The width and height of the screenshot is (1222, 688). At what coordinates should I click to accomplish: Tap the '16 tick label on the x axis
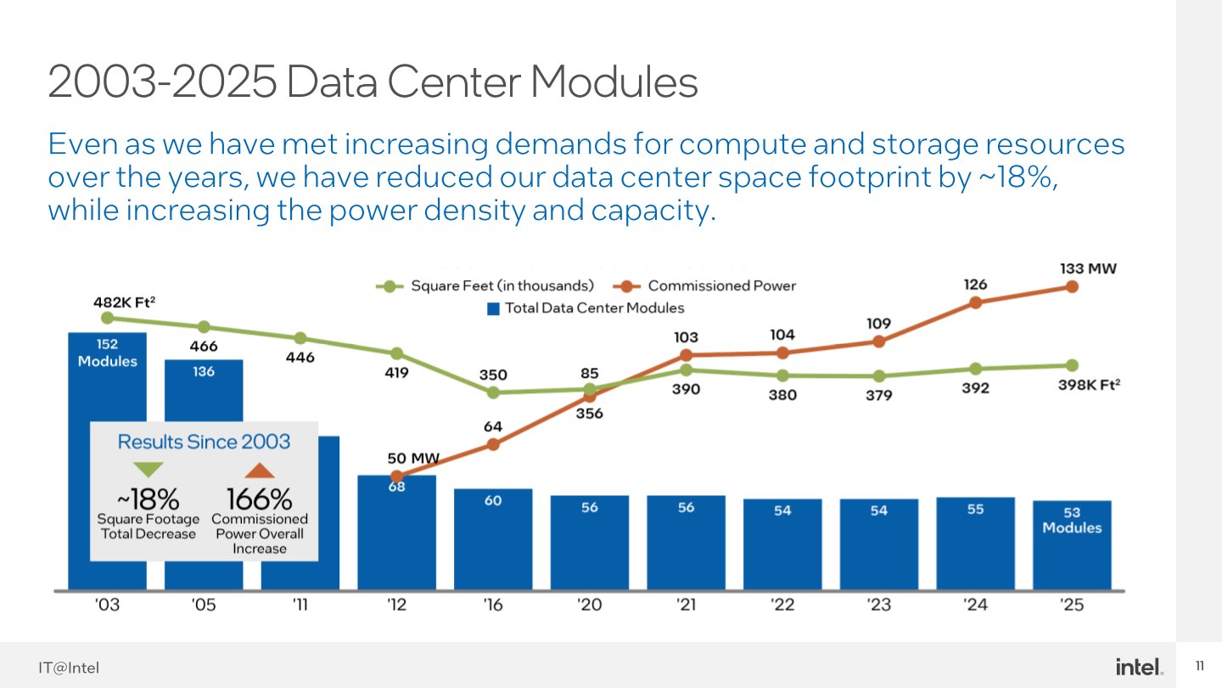493,606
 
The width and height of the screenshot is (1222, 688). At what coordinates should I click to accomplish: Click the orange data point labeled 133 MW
1072,287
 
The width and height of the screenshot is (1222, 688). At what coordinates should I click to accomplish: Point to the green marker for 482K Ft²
107,318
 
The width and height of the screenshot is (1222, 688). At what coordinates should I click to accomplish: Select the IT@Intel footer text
68,668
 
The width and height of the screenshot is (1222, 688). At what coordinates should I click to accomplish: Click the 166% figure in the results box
259,499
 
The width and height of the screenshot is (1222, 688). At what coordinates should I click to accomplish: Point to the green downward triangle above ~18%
149,470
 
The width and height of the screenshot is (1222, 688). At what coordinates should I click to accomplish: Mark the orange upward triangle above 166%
260,470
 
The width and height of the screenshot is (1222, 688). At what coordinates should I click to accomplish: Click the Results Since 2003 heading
204,442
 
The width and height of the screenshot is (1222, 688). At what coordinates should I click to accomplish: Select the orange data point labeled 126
976,302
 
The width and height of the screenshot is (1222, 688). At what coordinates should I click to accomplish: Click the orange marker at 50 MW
396,477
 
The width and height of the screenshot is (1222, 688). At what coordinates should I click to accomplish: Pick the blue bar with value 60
493,539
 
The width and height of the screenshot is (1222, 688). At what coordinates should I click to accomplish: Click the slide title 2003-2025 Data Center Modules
373,83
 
